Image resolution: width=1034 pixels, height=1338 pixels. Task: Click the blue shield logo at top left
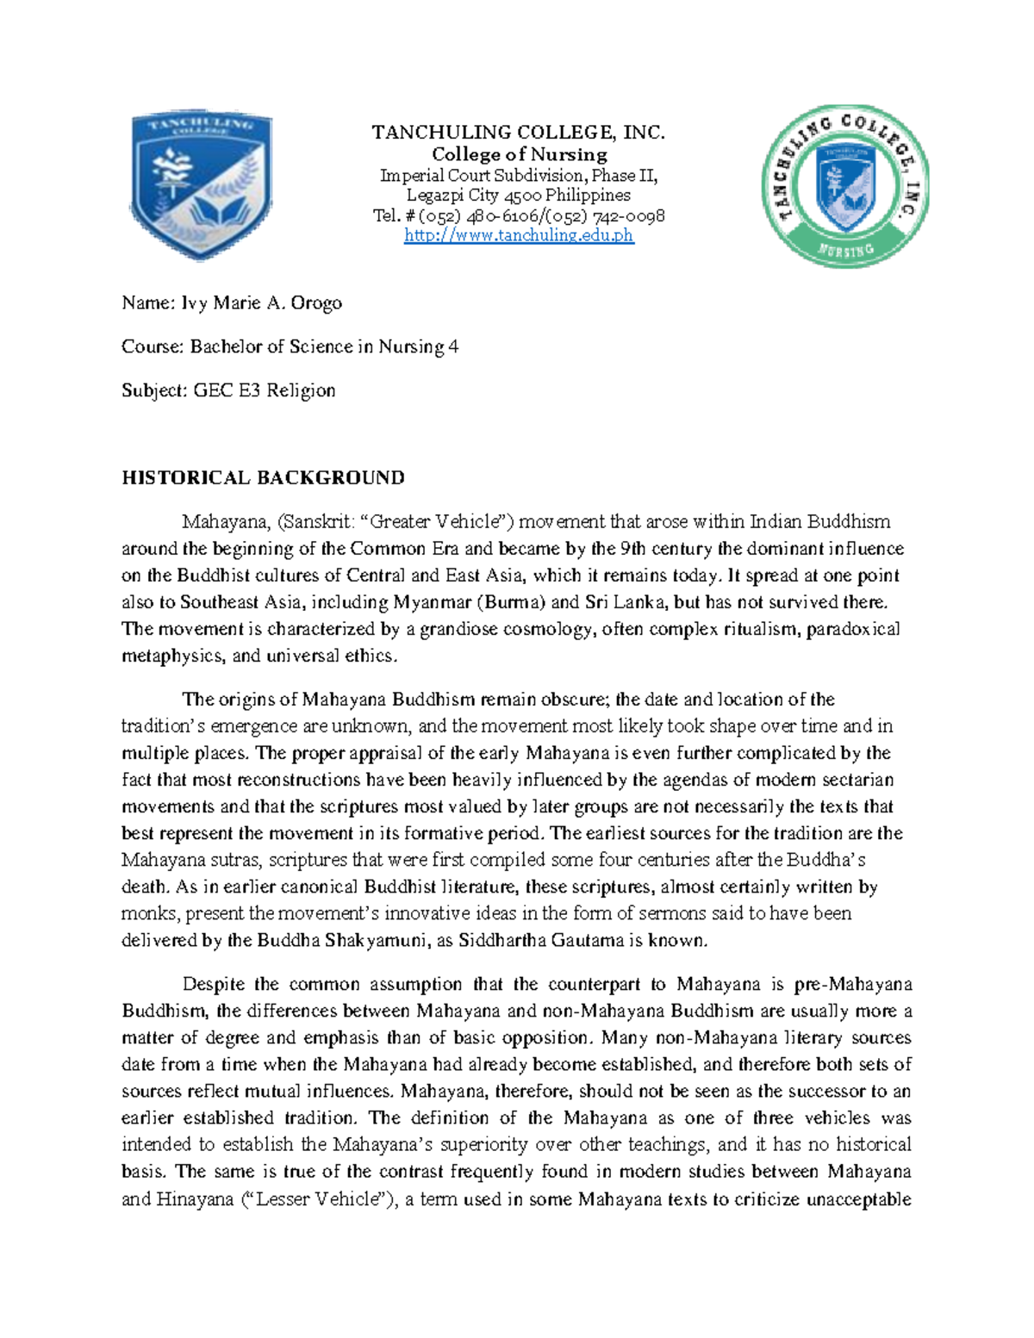pyautogui.click(x=201, y=184)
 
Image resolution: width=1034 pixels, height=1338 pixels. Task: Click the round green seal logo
pyautogui.click(x=845, y=186)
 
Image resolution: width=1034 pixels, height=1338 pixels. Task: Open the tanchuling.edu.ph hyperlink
pyautogui.click(x=519, y=235)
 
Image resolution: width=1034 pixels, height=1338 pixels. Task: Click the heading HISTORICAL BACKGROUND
pyautogui.click(x=263, y=478)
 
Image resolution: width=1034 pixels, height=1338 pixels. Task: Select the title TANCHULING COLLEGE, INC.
pyautogui.click(x=519, y=133)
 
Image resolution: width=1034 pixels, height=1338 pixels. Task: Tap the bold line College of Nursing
pyautogui.click(x=519, y=154)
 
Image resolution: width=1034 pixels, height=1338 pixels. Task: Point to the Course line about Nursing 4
pyautogui.click(x=290, y=346)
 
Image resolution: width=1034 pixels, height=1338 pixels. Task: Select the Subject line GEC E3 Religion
pyautogui.click(x=228, y=390)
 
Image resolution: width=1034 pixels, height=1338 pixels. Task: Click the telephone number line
pyautogui.click(x=519, y=215)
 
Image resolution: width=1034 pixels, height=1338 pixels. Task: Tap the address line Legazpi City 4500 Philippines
pyautogui.click(x=519, y=195)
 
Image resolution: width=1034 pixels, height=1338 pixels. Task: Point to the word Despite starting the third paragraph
pyautogui.click(x=213, y=984)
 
